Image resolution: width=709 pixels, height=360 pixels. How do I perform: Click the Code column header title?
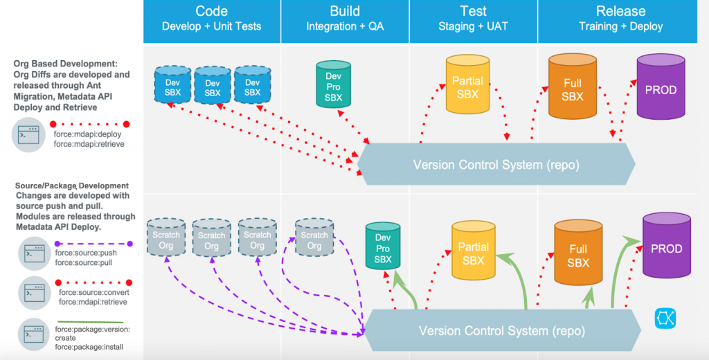coord(212,11)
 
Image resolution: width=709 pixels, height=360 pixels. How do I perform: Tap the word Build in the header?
coord(345,11)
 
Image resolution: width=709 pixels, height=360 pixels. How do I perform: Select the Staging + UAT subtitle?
coord(473,26)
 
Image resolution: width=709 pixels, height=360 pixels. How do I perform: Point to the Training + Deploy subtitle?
coord(621,26)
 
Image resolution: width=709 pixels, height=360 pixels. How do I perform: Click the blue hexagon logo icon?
coord(665,318)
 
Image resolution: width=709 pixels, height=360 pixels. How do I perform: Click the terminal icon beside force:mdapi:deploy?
coord(28,135)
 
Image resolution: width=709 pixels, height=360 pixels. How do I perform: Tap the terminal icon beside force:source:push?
coord(35,253)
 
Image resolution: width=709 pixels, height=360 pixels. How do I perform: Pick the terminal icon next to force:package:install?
coord(34,334)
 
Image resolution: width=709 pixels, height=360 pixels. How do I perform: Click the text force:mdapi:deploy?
coord(87,134)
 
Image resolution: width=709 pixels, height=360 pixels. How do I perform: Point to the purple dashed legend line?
coord(93,244)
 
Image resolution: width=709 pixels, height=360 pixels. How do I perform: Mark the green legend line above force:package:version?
coord(91,322)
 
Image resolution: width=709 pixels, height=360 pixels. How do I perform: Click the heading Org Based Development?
coord(65,64)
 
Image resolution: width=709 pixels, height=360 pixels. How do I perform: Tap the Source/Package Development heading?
coord(72,186)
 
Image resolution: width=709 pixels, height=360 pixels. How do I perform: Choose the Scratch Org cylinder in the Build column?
coord(314,238)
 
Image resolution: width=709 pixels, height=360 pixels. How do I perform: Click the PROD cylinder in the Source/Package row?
coord(667,245)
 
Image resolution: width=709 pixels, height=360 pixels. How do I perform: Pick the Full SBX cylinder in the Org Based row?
coord(573,86)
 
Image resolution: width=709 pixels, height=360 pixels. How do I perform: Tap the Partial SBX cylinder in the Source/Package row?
coord(474,251)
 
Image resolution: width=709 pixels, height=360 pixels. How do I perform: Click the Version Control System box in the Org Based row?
coord(496,164)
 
